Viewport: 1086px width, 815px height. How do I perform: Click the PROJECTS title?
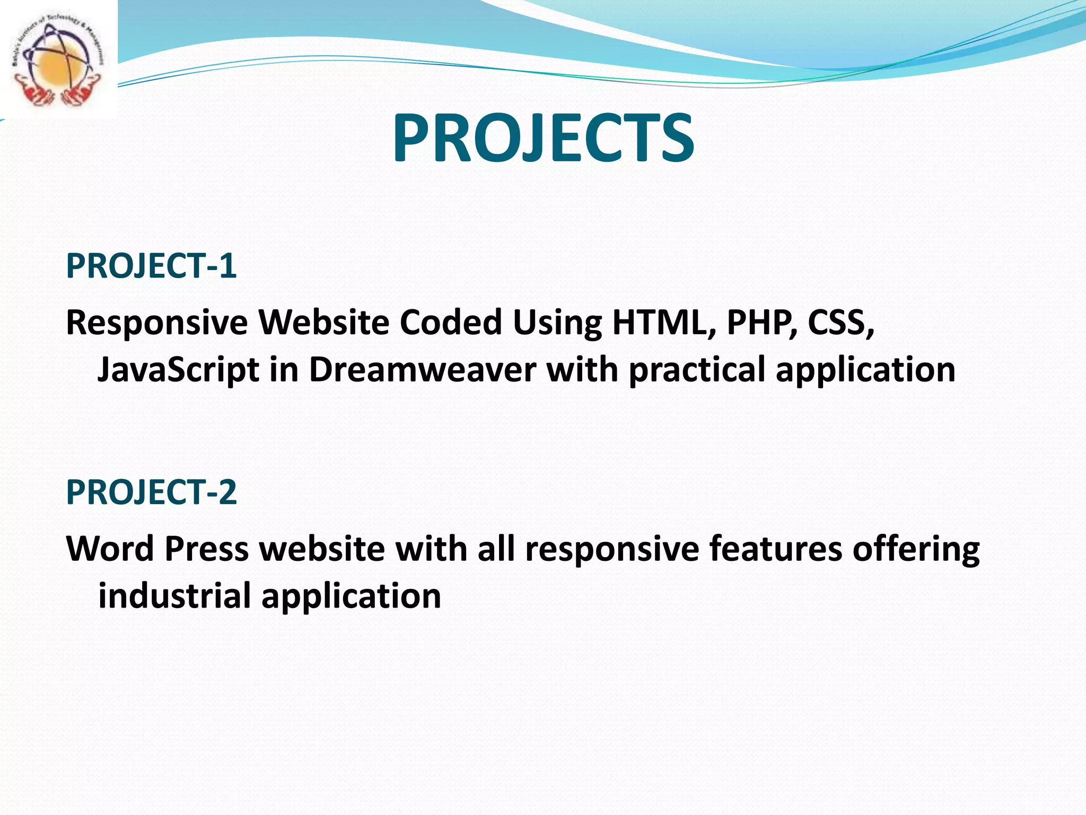coord(543,139)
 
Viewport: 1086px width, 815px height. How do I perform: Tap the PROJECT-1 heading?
coord(151,266)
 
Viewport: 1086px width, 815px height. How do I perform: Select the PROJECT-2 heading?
coord(151,492)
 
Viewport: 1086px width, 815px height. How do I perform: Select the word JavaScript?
coord(178,370)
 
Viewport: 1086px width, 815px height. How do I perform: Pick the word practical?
coord(697,370)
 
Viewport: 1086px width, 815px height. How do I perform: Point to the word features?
coord(776,549)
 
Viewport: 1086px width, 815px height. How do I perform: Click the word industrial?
coord(174,595)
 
